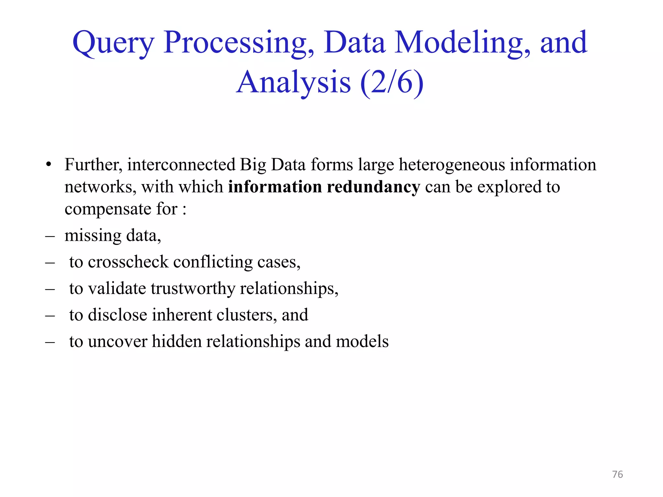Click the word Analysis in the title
[x=293, y=83]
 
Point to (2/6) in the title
[x=392, y=83]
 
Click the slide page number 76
[x=617, y=474]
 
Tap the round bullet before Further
[x=49, y=165]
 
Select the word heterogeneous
[x=452, y=165]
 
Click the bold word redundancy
[x=373, y=187]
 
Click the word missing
[x=93, y=236]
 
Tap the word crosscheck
[x=128, y=262]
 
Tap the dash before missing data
[x=50, y=236]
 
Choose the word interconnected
[x=181, y=165]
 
